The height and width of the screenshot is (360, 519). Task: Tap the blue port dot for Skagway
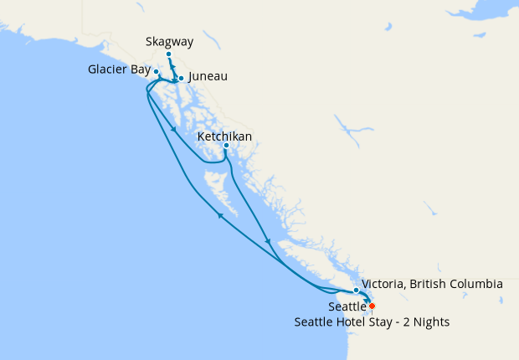168,54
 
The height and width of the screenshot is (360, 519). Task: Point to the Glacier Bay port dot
157,72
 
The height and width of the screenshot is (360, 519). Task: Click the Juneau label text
208,76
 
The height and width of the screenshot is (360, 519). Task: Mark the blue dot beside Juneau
181,79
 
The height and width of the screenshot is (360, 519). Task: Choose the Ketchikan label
224,136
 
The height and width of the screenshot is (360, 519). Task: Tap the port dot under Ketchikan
226,146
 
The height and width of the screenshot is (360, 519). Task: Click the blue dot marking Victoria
357,291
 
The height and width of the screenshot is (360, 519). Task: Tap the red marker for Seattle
372,306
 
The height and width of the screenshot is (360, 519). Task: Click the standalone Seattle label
347,307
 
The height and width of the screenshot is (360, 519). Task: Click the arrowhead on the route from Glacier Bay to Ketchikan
172,129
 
